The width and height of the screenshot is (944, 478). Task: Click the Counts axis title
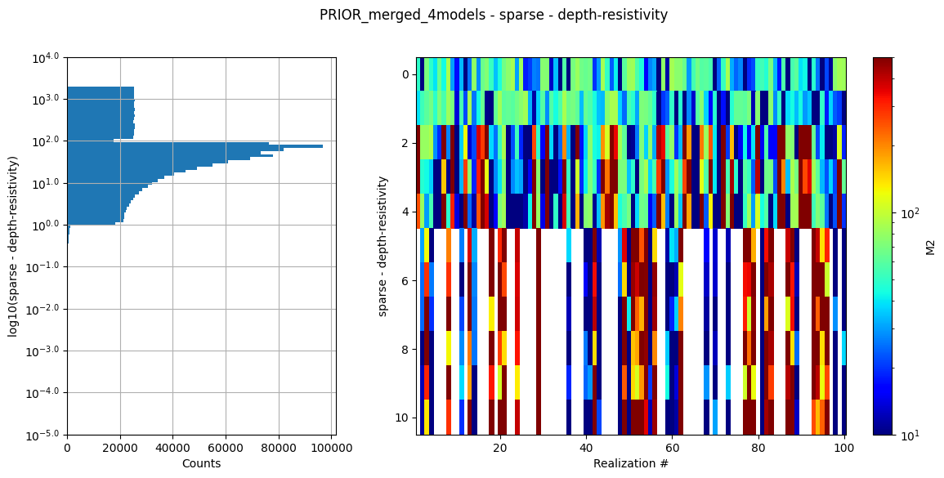[201, 463]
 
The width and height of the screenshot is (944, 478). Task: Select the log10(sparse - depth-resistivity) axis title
[13, 246]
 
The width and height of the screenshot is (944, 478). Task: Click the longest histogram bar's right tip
[323, 146]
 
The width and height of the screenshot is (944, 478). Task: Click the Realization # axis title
[630, 463]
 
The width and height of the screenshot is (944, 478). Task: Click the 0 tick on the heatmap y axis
[405, 74]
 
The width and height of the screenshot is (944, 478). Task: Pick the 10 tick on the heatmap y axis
[401, 418]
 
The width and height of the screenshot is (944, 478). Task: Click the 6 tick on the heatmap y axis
[405, 280]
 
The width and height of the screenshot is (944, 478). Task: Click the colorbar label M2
[930, 246]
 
